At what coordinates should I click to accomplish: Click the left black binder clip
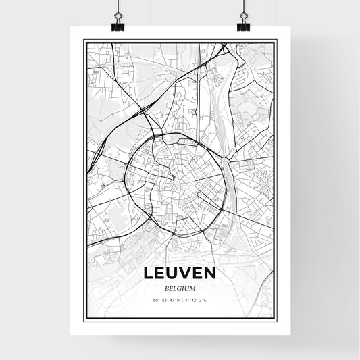coord(118,26)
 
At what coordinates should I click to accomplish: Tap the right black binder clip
coord(242,26)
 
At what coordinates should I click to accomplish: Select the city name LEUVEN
coord(180,274)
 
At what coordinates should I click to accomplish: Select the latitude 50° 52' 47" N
coord(168,300)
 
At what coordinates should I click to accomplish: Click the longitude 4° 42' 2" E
coord(196,300)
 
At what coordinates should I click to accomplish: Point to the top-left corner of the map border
coord(84,41)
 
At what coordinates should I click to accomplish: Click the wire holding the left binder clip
coord(118,8)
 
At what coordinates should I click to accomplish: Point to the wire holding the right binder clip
coord(242,8)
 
